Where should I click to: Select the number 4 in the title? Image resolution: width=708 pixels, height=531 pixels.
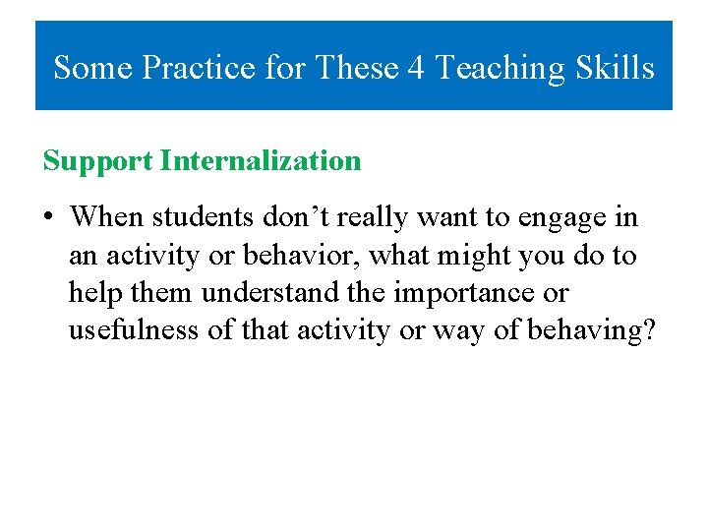pyautogui.click(x=417, y=68)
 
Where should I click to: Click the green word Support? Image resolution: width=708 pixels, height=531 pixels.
pyautogui.click(x=97, y=161)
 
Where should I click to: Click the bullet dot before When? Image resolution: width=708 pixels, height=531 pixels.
pyautogui.click(x=49, y=216)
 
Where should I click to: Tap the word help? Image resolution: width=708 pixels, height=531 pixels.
pyautogui.click(x=90, y=293)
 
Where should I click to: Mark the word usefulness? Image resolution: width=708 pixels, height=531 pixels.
pyautogui.click(x=134, y=330)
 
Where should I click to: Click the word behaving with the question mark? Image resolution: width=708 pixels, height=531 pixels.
pyautogui.click(x=592, y=331)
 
